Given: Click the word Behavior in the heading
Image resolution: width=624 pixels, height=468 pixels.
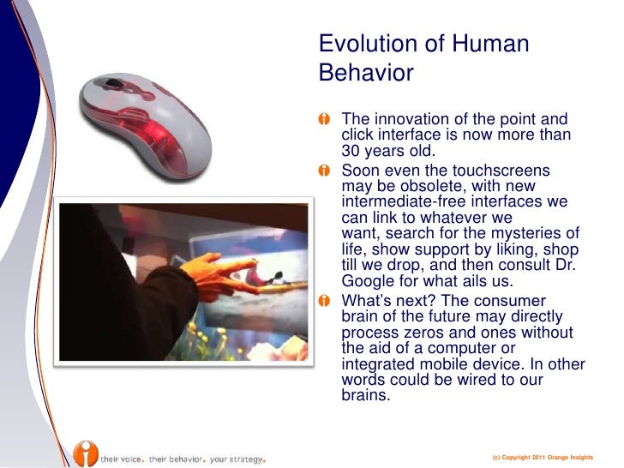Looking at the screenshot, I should click(x=366, y=74).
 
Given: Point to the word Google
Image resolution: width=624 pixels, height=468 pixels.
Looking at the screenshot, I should click(x=370, y=280).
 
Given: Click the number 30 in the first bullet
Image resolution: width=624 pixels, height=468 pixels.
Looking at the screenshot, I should click(x=351, y=150).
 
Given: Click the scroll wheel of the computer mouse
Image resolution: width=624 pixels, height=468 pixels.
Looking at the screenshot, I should click(x=112, y=85).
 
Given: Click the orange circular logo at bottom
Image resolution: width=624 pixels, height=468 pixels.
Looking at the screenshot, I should click(x=85, y=452).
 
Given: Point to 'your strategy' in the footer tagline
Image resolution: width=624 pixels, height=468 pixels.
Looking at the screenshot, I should click(x=237, y=458).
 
